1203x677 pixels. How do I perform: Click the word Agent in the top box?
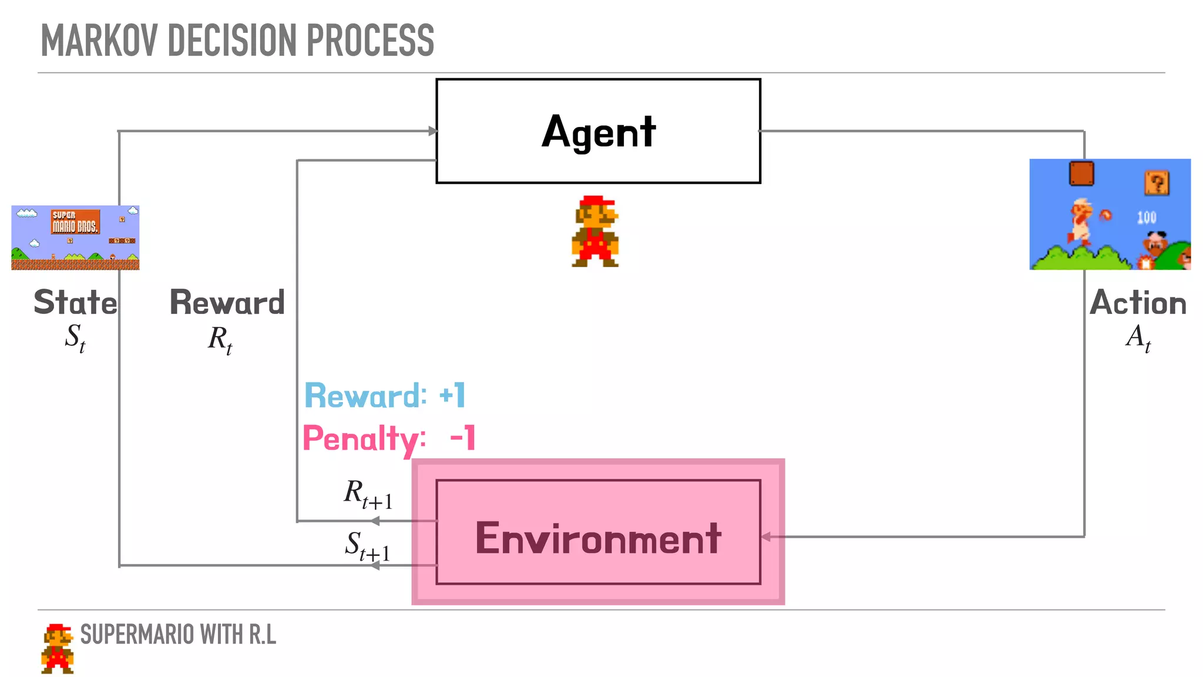click(598, 132)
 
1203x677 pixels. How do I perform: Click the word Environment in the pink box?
click(598, 538)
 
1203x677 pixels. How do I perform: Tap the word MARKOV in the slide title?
click(99, 41)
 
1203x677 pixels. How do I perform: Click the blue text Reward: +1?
click(385, 396)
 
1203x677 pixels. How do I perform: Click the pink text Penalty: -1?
click(388, 438)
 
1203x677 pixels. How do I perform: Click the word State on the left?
click(75, 303)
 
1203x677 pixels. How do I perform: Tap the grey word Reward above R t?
click(227, 303)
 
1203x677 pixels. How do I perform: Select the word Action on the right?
click(1138, 303)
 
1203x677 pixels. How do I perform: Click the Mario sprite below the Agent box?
click(595, 231)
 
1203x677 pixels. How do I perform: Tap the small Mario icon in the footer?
click(58, 648)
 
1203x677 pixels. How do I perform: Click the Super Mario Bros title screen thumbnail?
click(75, 237)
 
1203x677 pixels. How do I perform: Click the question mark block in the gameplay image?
click(1157, 183)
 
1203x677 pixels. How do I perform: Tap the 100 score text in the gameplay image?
click(1147, 218)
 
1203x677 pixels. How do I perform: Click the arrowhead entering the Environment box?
click(765, 537)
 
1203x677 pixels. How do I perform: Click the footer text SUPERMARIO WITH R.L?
click(178, 635)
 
